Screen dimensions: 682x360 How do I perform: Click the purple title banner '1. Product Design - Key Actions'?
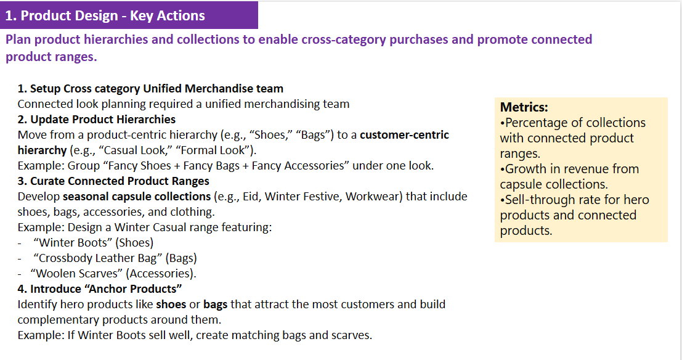[129, 15]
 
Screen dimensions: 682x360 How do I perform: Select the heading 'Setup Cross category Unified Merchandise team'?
[156, 89]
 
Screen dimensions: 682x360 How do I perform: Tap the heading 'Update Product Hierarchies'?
[103, 120]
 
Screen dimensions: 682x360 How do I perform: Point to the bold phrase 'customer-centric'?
[404, 135]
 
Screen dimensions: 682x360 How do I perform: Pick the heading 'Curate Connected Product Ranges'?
[120, 181]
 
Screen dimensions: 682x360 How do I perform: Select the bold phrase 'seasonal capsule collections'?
[137, 197]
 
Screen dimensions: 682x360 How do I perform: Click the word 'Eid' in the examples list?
[251, 197]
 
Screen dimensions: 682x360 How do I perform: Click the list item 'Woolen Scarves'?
[77, 274]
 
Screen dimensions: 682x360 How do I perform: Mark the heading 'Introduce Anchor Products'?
[106, 289]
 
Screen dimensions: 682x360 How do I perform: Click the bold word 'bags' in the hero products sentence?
[215, 305]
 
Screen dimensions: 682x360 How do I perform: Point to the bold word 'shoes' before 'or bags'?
[171, 305]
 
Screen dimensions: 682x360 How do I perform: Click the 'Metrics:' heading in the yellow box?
[524, 107]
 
